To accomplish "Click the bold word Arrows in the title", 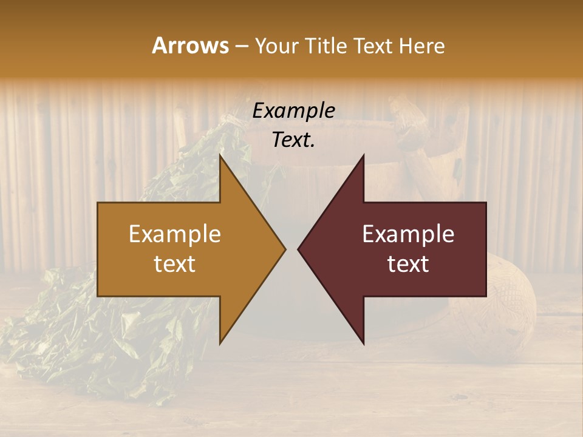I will (x=191, y=46).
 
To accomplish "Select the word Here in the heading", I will (x=421, y=46).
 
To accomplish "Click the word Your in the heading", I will (x=276, y=46).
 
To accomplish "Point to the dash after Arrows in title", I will (x=241, y=46).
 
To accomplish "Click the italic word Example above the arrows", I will (x=294, y=111).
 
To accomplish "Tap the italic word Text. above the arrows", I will (x=294, y=140).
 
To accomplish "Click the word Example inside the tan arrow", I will (x=175, y=234).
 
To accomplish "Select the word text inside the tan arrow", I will (x=175, y=264).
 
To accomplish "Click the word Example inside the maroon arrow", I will (x=408, y=234).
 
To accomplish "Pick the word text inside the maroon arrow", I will (x=408, y=264).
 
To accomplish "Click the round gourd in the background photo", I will (x=504, y=310).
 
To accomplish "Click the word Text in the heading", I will (x=374, y=46).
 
